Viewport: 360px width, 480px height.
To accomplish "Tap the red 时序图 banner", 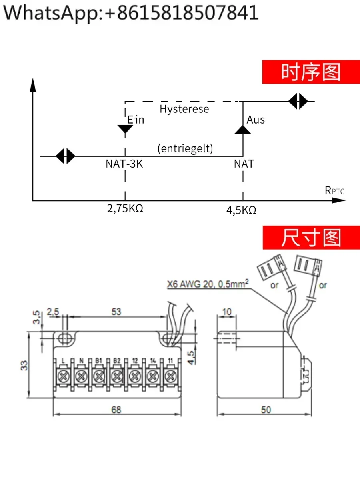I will [310, 72].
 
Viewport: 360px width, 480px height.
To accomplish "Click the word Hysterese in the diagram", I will [184, 109].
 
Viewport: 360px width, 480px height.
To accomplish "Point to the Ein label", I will [136, 120].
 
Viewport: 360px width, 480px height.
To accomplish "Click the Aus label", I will [256, 120].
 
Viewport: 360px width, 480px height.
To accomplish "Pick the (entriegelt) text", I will [185, 148].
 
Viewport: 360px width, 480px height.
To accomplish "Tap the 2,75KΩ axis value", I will [125, 209].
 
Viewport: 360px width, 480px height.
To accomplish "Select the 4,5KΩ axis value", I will [241, 210].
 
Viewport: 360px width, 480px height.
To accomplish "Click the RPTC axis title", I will [334, 190].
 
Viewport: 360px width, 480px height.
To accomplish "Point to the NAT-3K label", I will [124, 164].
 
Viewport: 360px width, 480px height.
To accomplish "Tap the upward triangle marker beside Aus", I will [242, 129].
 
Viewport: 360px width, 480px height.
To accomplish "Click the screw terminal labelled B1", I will [99, 376].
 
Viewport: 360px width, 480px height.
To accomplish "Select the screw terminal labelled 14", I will [152, 376].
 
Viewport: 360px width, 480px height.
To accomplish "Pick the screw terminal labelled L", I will [63, 376].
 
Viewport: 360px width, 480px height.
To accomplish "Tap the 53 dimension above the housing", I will [116, 312].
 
